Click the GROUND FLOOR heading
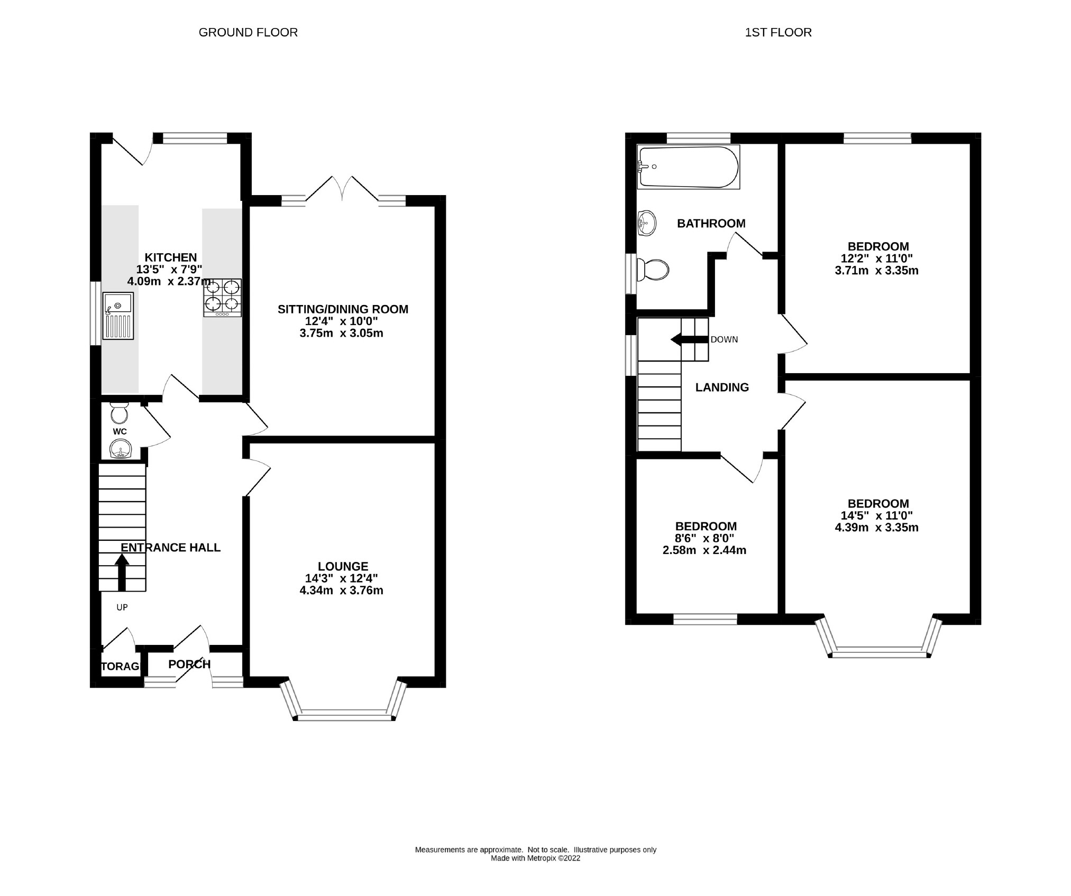248,32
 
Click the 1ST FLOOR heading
778,32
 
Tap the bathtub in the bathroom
688,167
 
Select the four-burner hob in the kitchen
222,298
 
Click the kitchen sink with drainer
118,316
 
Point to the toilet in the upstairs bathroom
653,270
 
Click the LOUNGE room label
343,566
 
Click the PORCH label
189,664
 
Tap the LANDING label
722,387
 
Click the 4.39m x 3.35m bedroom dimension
876,528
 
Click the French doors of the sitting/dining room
342,189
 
